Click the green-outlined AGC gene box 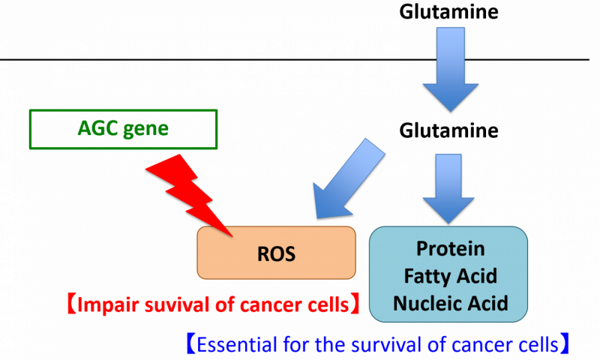tap(123, 129)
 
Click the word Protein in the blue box tap(450, 249)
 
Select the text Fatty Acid tap(450, 276)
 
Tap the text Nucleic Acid tap(450, 303)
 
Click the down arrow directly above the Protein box tap(450, 187)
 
